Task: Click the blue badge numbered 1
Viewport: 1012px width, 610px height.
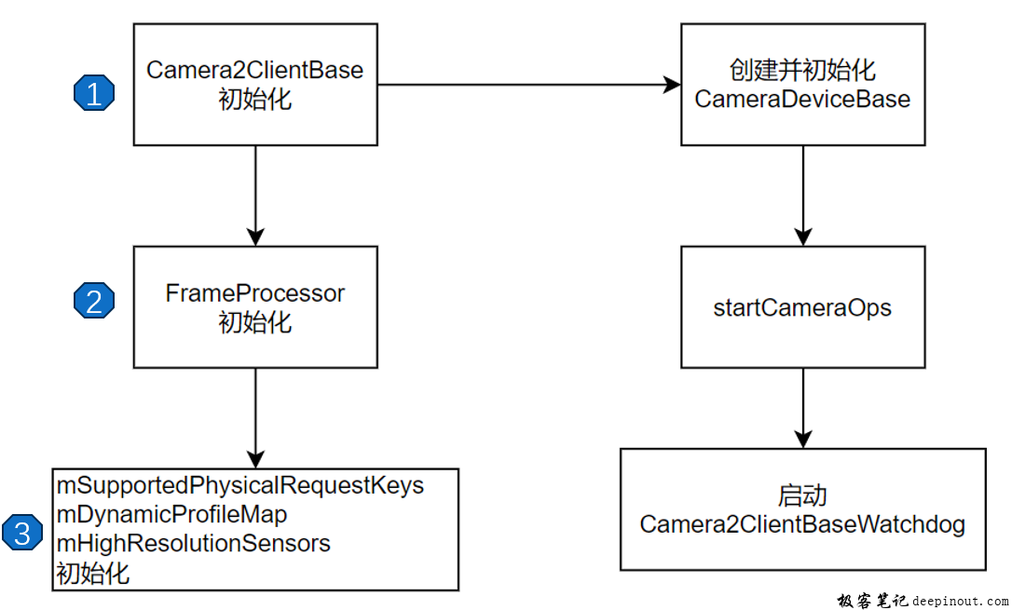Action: pos(93,93)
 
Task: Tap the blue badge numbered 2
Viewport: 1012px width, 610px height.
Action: pos(93,300)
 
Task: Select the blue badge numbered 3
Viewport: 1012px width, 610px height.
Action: pos(21,533)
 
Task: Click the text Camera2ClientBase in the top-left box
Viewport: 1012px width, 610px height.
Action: pos(254,71)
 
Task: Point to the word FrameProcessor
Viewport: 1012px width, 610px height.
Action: pos(254,293)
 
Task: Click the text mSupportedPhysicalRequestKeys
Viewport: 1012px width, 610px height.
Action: pos(240,485)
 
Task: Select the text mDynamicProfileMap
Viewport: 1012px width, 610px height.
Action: pos(171,514)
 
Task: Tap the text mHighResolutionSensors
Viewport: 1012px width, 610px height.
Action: pos(193,543)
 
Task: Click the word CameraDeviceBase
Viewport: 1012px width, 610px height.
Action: pos(802,99)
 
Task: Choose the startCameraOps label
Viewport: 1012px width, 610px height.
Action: pos(802,308)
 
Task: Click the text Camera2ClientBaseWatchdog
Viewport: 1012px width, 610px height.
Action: pos(802,524)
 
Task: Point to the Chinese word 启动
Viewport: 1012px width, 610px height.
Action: pos(802,495)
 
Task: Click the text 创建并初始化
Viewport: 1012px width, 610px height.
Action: pos(802,71)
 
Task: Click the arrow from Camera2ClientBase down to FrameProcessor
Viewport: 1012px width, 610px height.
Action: pos(254,195)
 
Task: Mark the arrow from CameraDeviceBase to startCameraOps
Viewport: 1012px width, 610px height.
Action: pos(802,195)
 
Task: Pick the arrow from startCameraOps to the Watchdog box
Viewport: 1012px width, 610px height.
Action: pos(802,407)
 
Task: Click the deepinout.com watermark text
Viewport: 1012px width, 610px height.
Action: pos(960,602)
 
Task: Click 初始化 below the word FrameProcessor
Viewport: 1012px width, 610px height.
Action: pos(254,322)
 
